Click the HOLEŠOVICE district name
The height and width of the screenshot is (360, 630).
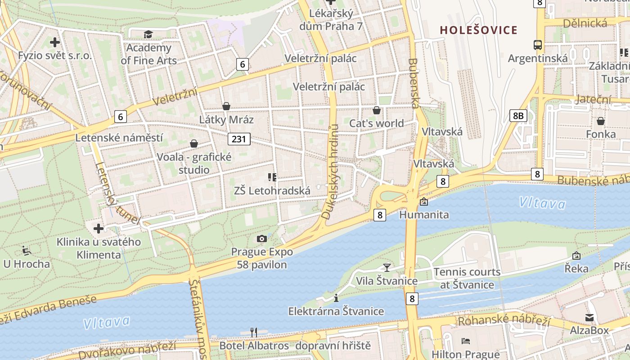478,30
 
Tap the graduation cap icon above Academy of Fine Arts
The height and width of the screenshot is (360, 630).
148,35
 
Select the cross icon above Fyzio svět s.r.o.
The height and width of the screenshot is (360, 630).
55,43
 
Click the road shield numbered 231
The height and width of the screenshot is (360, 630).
238,139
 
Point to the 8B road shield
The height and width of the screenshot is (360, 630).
518,116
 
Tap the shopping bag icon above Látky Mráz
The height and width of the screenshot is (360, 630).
226,106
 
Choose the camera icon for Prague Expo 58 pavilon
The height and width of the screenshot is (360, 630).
261,238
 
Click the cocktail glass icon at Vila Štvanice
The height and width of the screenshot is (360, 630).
387,267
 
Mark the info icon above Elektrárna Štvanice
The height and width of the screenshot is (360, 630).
336,298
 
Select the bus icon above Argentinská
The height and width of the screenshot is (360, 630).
537,45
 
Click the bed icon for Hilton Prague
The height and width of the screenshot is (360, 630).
466,341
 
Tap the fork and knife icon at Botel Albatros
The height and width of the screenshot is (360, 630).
254,333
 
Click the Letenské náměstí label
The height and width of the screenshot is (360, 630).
119,138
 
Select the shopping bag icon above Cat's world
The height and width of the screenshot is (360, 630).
377,110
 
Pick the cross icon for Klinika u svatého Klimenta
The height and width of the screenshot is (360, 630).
99,229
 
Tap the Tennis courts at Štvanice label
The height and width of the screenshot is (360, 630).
467,278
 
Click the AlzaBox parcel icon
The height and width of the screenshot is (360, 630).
589,318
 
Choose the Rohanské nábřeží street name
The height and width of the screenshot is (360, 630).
504,321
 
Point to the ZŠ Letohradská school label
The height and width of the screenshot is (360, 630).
272,191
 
